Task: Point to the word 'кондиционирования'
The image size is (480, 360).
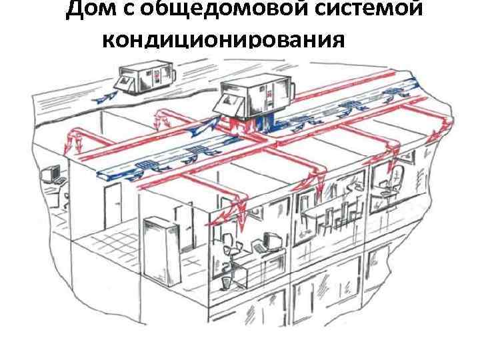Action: [x=225, y=41]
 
